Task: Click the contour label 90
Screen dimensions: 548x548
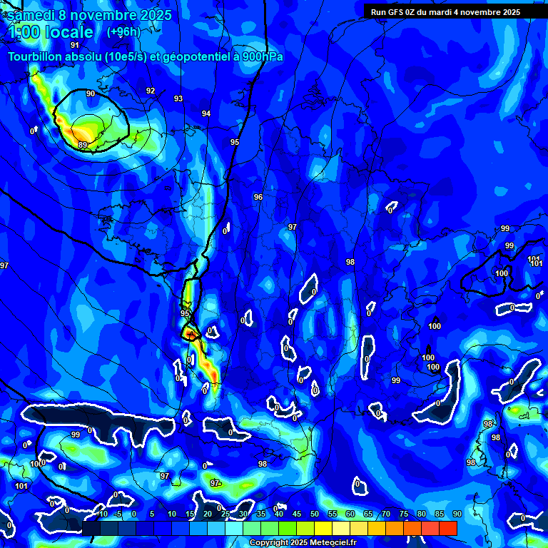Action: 90,93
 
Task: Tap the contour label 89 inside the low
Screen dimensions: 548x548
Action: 83,145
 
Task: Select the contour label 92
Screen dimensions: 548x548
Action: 150,91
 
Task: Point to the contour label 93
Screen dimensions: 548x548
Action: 178,98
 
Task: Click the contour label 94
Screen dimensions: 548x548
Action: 206,113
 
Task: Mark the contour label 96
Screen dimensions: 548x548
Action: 258,197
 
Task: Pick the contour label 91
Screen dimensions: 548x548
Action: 75,45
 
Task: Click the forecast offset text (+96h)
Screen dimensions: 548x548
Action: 123,31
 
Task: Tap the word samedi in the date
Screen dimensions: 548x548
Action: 33,14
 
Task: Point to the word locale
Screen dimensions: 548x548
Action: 68,32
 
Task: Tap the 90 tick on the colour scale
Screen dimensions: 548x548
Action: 457,514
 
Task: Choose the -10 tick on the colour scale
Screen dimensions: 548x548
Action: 101,514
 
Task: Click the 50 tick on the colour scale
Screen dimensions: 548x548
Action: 314,514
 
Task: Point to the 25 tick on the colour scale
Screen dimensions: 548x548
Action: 225,514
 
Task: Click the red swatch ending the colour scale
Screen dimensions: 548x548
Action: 448,527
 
